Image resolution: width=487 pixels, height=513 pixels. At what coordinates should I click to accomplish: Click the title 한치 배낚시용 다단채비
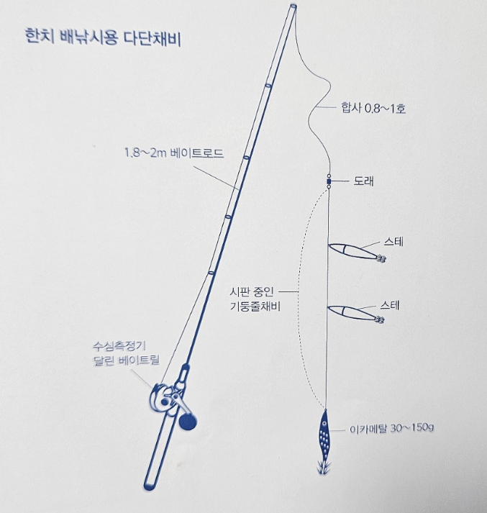tap(102, 38)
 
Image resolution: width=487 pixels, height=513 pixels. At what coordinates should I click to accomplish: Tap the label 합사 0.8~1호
tap(373, 109)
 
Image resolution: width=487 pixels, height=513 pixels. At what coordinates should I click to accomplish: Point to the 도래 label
tap(363, 181)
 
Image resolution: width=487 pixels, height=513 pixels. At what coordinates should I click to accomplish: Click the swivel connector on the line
tap(329, 181)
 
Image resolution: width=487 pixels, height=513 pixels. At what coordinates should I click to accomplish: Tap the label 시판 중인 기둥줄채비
tap(253, 299)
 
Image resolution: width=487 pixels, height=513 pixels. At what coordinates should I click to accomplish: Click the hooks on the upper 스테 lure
tap(381, 260)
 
